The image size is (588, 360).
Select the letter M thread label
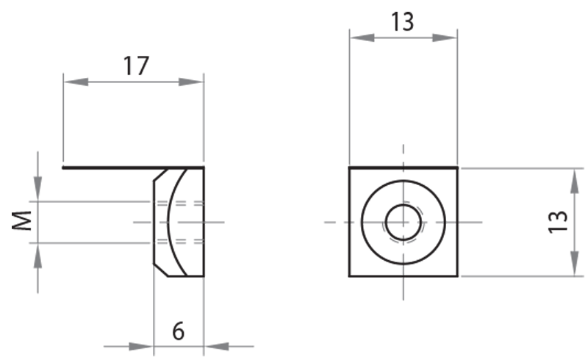click(24, 220)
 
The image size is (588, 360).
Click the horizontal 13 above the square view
click(402, 22)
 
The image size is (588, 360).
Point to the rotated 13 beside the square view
click(559, 221)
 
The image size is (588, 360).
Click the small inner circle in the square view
click(403, 221)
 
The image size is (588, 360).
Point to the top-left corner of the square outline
click(349, 168)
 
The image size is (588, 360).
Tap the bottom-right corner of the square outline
click(459, 276)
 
